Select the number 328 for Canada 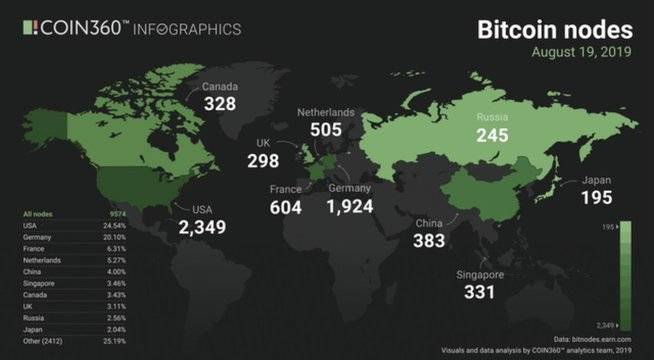[221, 104]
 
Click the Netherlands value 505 [326, 130]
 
